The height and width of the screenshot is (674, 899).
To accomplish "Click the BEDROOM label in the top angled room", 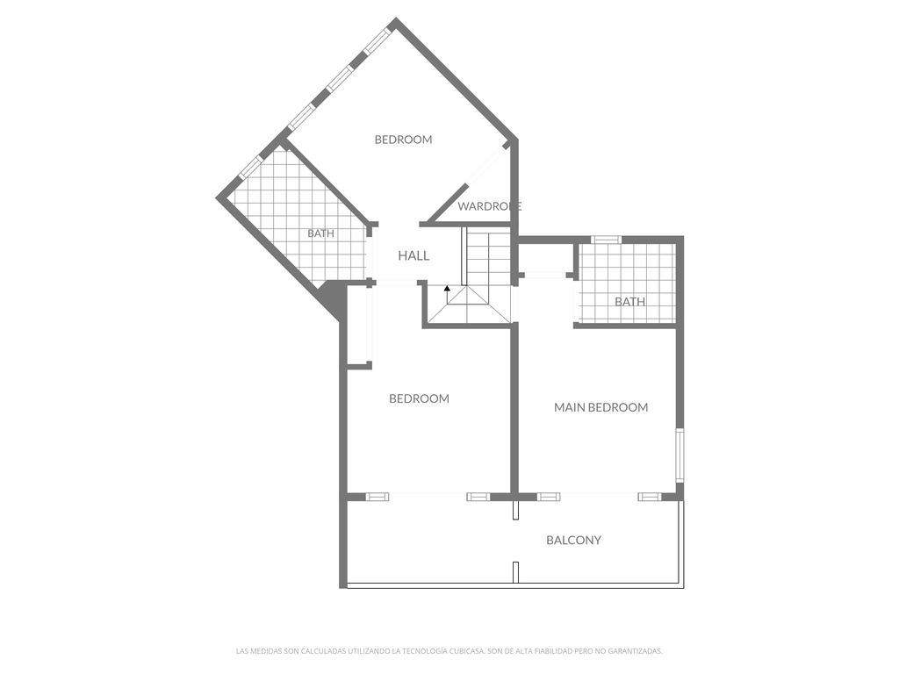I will click(x=403, y=139).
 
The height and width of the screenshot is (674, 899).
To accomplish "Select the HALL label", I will click(x=414, y=255).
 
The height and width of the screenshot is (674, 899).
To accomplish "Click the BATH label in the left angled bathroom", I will click(x=320, y=233).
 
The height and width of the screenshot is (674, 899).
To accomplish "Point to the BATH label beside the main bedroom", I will click(x=629, y=301).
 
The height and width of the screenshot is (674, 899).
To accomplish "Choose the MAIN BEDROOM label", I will click(x=601, y=407).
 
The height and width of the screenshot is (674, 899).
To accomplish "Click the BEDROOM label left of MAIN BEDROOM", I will click(x=419, y=398).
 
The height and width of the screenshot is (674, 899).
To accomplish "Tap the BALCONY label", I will click(x=573, y=540).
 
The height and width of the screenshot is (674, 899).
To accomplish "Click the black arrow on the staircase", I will click(x=447, y=288).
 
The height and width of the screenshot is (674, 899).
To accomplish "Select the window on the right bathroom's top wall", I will click(x=606, y=240).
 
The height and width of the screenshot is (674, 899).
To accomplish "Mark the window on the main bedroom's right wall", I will click(x=680, y=454).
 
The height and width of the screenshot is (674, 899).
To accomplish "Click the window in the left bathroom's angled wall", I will click(x=251, y=167).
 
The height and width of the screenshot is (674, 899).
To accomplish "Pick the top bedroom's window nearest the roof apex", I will click(x=377, y=41).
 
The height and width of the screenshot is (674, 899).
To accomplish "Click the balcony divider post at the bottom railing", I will click(x=515, y=572).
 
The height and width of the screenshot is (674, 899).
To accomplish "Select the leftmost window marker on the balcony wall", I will click(x=377, y=497).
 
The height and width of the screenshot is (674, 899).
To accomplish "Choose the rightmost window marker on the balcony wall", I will click(x=649, y=497).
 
